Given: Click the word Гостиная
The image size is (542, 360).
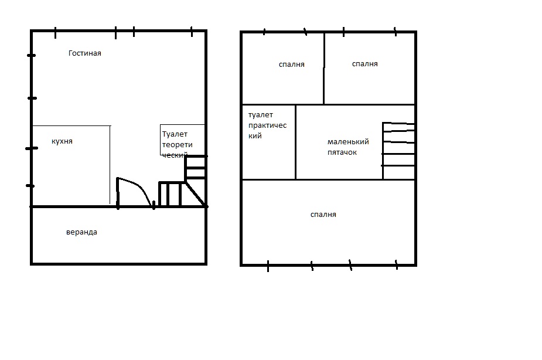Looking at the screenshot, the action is [x=85, y=53].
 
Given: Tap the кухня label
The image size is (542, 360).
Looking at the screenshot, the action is [x=62, y=141].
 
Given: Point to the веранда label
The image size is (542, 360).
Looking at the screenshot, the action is [x=81, y=232].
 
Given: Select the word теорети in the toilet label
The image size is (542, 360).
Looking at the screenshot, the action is [x=178, y=145].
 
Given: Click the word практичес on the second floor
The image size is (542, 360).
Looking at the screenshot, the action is [x=267, y=125].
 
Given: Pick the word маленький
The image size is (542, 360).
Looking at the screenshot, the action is [x=348, y=141].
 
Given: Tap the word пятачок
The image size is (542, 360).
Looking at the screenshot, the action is [x=342, y=152].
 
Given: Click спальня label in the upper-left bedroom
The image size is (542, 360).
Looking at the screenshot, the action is [x=291, y=64].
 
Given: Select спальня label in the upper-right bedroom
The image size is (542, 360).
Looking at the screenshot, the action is [x=364, y=64].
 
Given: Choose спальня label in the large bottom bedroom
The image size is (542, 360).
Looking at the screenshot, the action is [x=323, y=215].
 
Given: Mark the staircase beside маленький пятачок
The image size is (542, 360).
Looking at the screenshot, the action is [x=398, y=151].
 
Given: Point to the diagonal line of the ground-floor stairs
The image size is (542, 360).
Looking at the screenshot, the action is [x=196, y=194].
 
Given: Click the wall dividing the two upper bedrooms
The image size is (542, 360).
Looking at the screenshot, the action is [x=324, y=68].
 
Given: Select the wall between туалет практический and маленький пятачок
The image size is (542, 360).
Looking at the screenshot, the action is [x=295, y=142].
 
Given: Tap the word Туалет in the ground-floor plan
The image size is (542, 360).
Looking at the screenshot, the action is [x=175, y=134].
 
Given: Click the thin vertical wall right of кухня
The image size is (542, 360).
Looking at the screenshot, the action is [x=110, y=165].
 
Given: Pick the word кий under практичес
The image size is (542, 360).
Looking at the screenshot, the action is [x=255, y=136].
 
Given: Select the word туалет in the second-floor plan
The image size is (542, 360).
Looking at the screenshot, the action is [x=261, y=115].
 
